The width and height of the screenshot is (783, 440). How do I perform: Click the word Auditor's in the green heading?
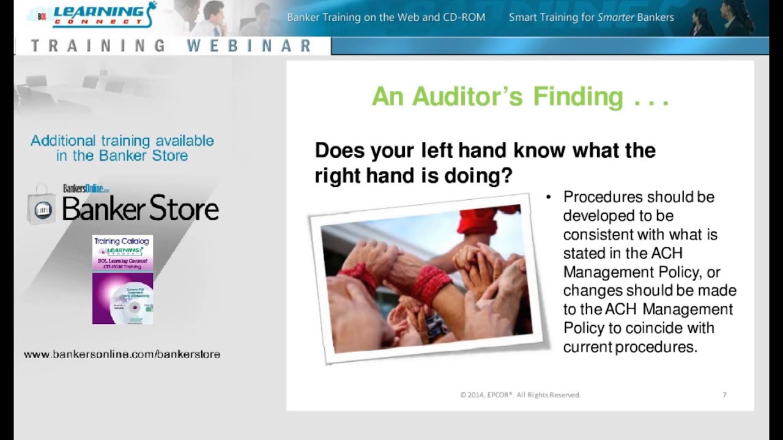pos(466,97)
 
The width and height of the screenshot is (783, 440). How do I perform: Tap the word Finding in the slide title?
pos(578,97)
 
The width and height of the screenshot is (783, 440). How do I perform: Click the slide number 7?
pos(724,395)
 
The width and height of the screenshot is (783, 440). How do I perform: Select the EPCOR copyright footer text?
pos(520,395)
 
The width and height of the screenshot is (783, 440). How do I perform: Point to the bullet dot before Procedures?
pos(548,197)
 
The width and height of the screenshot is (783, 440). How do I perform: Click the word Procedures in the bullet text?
pos(603,197)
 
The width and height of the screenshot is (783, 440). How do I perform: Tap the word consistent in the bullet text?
pos(598,235)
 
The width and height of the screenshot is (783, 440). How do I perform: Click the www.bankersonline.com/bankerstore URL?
pos(122,354)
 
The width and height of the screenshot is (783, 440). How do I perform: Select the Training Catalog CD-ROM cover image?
pos(122,279)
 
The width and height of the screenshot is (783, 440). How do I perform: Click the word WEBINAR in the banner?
pos(249,46)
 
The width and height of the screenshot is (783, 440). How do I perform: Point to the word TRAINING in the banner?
pos(98,46)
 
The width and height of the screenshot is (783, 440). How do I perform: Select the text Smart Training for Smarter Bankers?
pos(591,17)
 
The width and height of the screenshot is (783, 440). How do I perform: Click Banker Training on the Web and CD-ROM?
pos(386,17)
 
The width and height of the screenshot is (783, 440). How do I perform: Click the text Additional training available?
pos(122,141)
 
